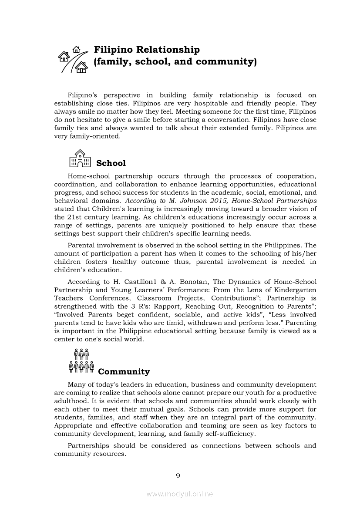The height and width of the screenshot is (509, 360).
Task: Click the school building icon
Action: (x=80, y=158)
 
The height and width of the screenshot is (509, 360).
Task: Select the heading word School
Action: (x=111, y=163)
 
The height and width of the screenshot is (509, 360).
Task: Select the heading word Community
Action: (x=124, y=372)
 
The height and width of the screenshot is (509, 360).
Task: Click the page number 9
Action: (x=178, y=475)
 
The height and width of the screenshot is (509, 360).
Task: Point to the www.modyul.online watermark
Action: (x=180, y=494)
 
